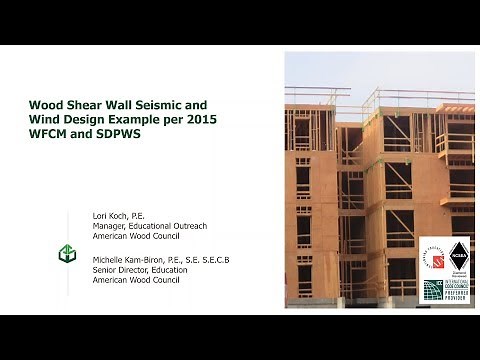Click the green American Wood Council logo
[x=68, y=255]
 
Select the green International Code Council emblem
[x=432, y=289]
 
